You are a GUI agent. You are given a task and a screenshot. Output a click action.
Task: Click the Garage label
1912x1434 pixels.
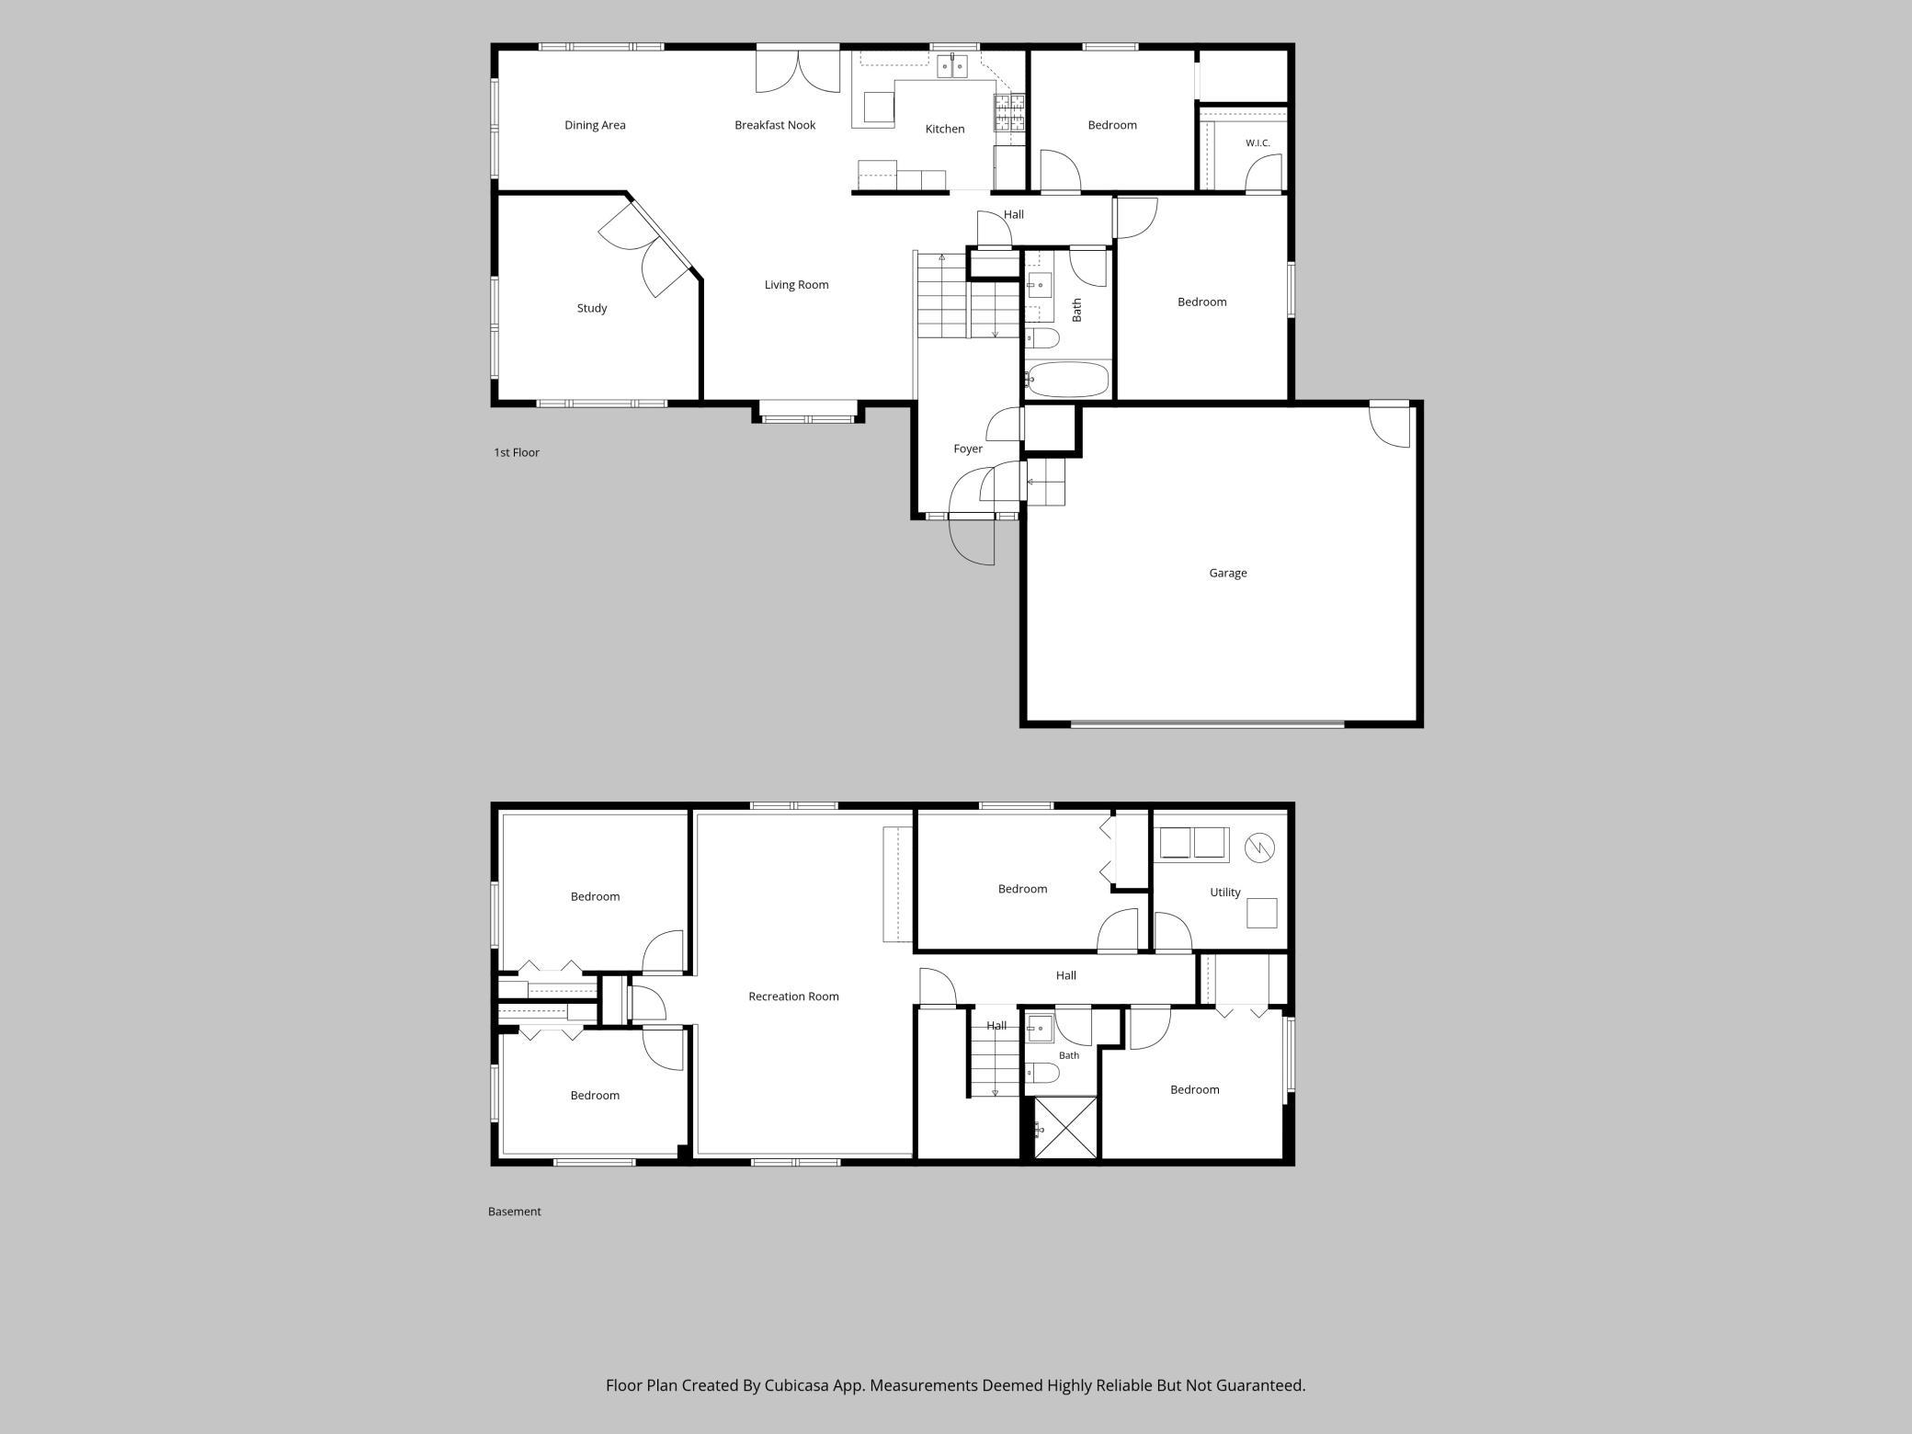tap(1227, 573)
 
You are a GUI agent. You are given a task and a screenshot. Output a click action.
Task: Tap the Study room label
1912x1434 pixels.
tap(592, 308)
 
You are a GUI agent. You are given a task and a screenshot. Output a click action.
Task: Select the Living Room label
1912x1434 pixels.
tap(796, 285)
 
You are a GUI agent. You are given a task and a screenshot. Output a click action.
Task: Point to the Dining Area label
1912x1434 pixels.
tap(595, 125)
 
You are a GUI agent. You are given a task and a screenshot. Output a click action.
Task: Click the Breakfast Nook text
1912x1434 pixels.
tap(775, 125)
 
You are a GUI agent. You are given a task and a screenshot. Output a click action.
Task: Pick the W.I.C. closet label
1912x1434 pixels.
tap(1258, 143)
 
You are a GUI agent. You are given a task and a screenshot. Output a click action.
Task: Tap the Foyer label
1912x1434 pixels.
tap(968, 449)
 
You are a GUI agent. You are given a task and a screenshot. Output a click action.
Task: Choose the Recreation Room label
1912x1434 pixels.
tap(793, 996)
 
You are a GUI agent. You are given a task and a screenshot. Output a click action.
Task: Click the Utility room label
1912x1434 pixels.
tap(1225, 892)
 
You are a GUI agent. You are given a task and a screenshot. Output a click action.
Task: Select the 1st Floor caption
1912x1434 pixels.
tap(517, 452)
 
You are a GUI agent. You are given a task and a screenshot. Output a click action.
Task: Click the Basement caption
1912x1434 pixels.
tap(514, 1212)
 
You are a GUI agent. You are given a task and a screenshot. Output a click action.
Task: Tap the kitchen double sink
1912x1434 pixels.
tap(952, 66)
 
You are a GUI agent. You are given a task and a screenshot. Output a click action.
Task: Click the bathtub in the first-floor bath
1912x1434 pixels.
tap(1067, 380)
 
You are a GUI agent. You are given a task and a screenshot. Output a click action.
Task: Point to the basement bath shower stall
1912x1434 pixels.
tap(1065, 1128)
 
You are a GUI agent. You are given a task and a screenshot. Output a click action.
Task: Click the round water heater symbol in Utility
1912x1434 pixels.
tap(1259, 848)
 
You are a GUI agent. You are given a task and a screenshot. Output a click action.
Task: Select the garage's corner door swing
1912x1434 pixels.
tap(1389, 425)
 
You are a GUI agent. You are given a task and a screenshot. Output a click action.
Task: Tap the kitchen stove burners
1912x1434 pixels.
tap(1008, 112)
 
